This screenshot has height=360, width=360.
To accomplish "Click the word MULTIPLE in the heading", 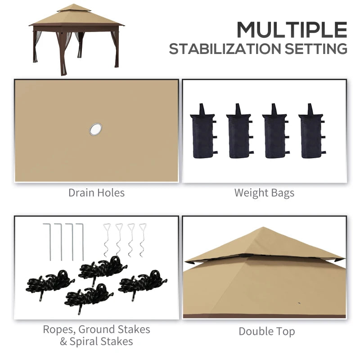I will pos(292,30).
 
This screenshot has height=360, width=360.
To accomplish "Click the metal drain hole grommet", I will pos(95,130).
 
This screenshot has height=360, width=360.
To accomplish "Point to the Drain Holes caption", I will pos(96,193).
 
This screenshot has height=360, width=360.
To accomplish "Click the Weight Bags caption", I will pos(264,193).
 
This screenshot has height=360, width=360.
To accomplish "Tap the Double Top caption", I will pos(267,332).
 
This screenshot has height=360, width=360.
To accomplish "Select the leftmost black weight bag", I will pos(202,132).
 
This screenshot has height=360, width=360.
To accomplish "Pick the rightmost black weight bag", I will pos(310,132).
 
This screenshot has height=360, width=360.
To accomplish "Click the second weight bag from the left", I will pos(238,132).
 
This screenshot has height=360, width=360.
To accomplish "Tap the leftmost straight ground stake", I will pos(49,241).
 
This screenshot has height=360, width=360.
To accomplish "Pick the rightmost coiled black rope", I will pos(143,282).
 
